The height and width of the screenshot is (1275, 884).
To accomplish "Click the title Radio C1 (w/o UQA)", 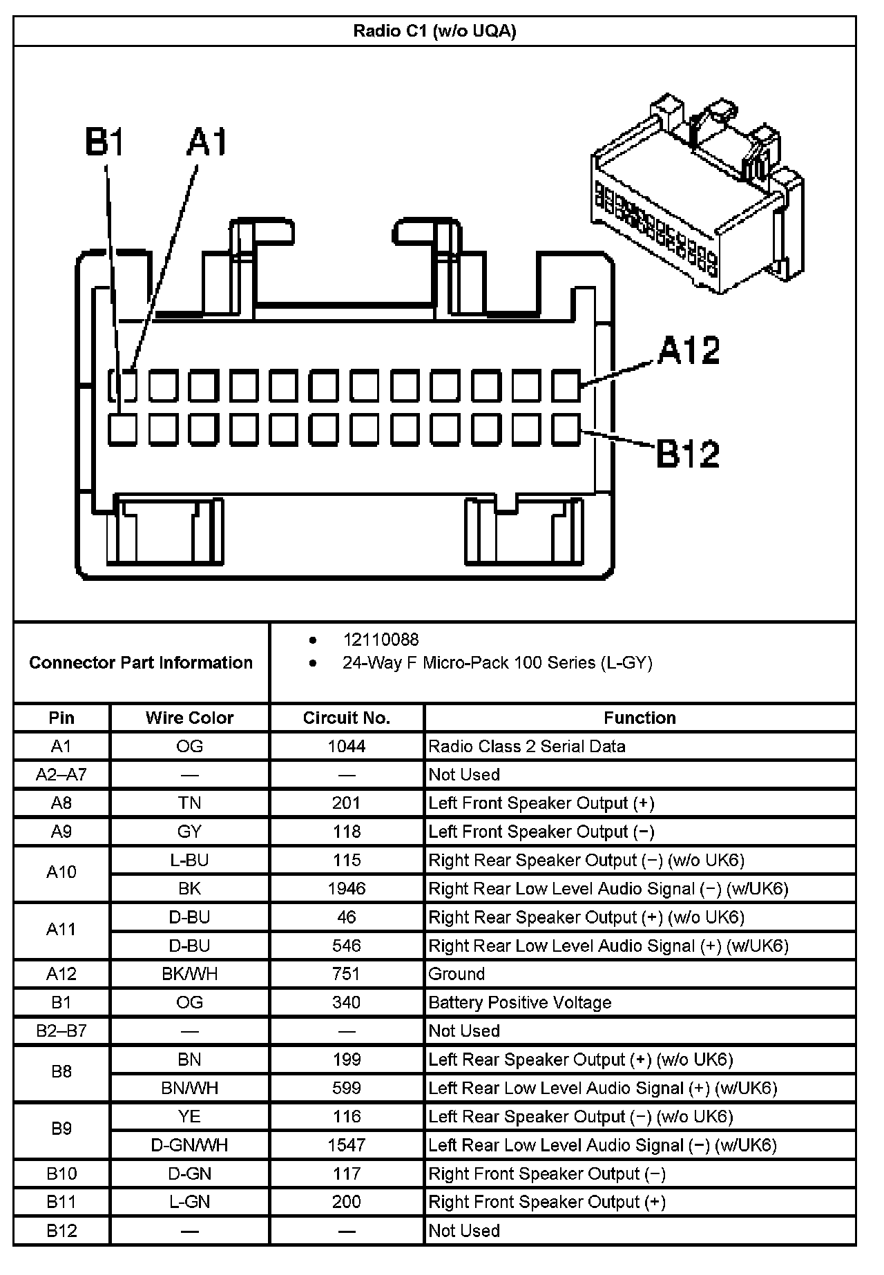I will point(434,31).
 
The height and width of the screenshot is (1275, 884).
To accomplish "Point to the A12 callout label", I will point(688,350).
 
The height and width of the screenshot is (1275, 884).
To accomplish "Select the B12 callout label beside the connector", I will point(687,454).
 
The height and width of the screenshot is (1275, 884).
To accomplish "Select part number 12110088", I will point(381,640).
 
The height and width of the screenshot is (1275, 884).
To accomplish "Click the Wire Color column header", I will point(189,718).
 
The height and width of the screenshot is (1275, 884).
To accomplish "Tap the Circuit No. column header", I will point(346,718).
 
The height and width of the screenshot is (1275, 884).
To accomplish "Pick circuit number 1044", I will point(346,746).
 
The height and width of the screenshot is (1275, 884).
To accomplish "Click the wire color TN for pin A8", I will point(189,803).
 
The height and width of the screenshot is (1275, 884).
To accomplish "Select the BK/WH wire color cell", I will point(189,974).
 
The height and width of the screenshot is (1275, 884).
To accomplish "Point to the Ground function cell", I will point(457,974).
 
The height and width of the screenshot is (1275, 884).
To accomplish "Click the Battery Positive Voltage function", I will point(519,1002).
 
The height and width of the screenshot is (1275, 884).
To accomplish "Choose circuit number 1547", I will point(346,1145).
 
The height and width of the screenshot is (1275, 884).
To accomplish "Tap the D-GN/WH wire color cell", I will point(189,1145).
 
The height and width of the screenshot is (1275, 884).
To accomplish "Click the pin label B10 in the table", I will point(61,1173).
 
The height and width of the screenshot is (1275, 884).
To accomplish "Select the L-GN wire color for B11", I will point(189,1202).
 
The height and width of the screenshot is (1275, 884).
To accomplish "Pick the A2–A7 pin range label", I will point(61,774).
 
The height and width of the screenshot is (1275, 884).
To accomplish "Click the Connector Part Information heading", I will point(141,662).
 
